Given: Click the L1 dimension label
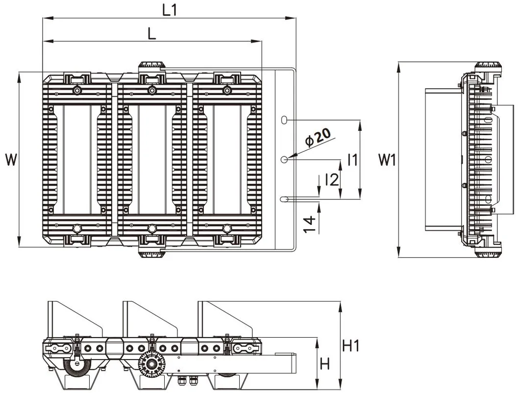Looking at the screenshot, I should click(x=169, y=10).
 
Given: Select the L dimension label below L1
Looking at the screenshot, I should click(x=152, y=33).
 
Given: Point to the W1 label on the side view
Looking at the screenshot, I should click(x=387, y=159).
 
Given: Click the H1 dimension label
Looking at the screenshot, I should click(x=351, y=346).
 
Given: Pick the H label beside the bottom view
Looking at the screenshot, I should click(x=324, y=364).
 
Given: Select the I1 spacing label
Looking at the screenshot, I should click(x=351, y=159).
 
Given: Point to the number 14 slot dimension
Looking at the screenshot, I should click(x=308, y=224).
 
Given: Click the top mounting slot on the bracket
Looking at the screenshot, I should click(x=284, y=120).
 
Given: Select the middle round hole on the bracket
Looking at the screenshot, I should click(x=284, y=159).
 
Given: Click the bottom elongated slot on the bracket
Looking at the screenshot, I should click(x=284, y=199).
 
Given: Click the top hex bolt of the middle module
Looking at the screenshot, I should click(x=152, y=90).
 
